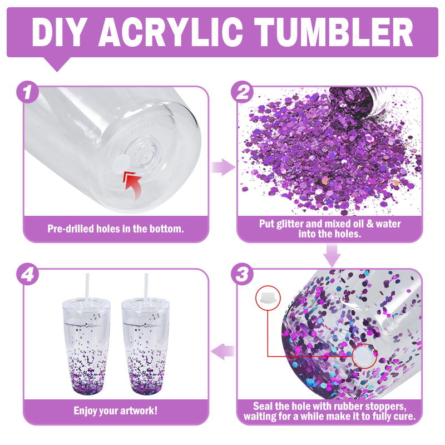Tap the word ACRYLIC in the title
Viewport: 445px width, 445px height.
pyautogui.click(x=170, y=32)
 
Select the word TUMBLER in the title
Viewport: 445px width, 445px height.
pyautogui.click(x=333, y=32)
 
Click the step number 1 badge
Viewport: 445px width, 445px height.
pyautogui.click(x=27, y=92)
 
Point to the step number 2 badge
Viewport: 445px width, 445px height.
pyautogui.click(x=242, y=92)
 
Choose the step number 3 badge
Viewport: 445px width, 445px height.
pyautogui.click(x=242, y=274)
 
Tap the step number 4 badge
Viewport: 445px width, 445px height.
pyautogui.click(x=27, y=274)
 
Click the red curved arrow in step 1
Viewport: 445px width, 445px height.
pyautogui.click(x=133, y=185)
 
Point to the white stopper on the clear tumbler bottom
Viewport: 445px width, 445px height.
pyautogui.click(x=121, y=164)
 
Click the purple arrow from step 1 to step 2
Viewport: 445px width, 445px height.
pyautogui.click(x=224, y=167)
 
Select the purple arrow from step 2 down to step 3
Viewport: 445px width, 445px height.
pyautogui.click(x=332, y=255)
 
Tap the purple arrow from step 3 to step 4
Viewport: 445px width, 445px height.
pyautogui.click(x=223, y=352)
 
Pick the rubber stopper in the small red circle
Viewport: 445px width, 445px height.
pyautogui.click(x=268, y=298)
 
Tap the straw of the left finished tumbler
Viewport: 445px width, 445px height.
pyautogui.click(x=88, y=286)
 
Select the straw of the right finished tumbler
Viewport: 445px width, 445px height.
pyautogui.click(x=146, y=286)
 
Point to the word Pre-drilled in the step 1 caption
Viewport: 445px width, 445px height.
pyautogui.click(x=71, y=229)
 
